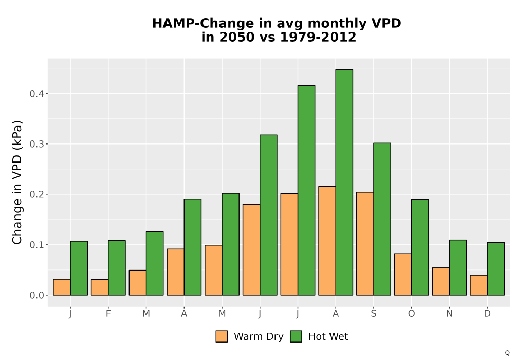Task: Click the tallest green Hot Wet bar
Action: pyautogui.click(x=344, y=182)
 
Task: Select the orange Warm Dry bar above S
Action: pyautogui.click(x=365, y=244)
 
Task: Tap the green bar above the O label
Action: pyautogui.click(x=420, y=247)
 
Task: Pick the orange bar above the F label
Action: pyautogui.click(x=100, y=287)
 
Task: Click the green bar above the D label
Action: pyautogui.click(x=495, y=269)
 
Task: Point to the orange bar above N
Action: pyautogui.click(x=441, y=281)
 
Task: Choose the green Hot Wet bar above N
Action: pyautogui.click(x=458, y=267)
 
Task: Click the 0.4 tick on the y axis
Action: pyautogui.click(x=36, y=94)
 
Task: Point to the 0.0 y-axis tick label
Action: pyautogui.click(x=36, y=295)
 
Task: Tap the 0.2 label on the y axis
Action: pyautogui.click(x=36, y=194)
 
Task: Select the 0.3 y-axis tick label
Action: pyautogui.click(x=36, y=145)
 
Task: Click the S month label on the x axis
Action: pyautogui.click(x=373, y=314)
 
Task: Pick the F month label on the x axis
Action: pyautogui.click(x=108, y=314)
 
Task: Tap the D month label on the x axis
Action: pyautogui.click(x=487, y=314)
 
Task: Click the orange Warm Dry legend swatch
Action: pyautogui.click(x=222, y=336)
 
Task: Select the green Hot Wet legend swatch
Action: pyautogui.click(x=296, y=336)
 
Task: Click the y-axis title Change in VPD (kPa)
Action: pyautogui.click(x=17, y=183)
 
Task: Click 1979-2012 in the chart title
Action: pyautogui.click(x=318, y=37)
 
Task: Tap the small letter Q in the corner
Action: pyautogui.click(x=507, y=353)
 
